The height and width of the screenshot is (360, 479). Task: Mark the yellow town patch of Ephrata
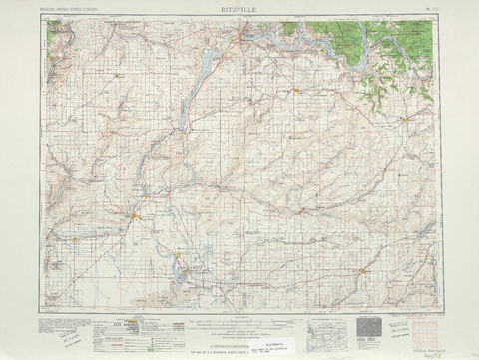point(135,214)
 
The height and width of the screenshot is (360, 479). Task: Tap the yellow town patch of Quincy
point(75,238)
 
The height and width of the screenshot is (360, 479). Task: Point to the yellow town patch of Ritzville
point(364,269)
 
